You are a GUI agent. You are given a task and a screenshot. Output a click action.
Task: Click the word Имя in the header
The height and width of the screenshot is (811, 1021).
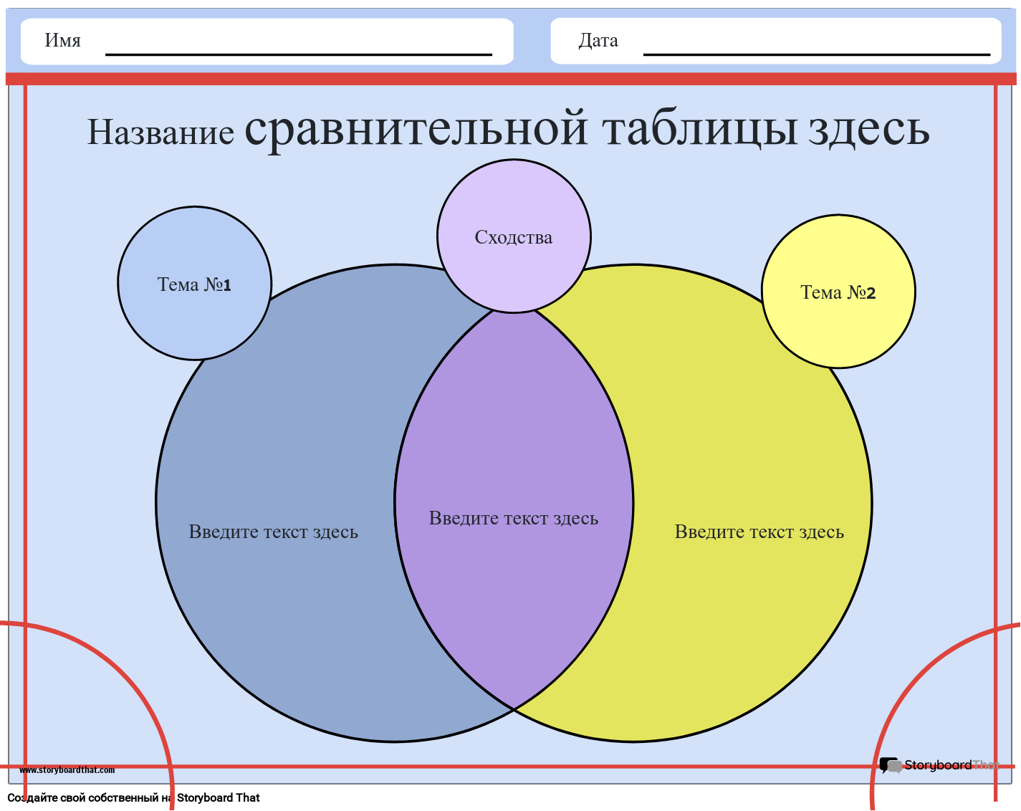(x=62, y=40)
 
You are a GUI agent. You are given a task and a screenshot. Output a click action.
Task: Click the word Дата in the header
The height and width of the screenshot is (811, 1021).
(x=598, y=41)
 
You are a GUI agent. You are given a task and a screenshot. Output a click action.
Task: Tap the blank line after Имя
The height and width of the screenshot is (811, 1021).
(x=299, y=54)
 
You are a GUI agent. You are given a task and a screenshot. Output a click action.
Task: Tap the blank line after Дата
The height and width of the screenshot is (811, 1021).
(x=817, y=54)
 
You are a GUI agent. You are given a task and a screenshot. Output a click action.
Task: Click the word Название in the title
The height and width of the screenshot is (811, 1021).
(x=160, y=132)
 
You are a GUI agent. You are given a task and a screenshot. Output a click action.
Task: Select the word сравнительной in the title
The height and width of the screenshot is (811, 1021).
(x=416, y=129)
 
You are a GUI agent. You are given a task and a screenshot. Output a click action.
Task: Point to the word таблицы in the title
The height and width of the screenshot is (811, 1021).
(x=700, y=129)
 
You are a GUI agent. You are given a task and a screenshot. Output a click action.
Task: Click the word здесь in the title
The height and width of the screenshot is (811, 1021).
(x=868, y=129)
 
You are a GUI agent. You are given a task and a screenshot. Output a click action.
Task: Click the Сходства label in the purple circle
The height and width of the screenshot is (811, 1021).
(x=513, y=237)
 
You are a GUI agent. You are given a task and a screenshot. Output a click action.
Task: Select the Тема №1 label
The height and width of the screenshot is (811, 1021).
(x=194, y=284)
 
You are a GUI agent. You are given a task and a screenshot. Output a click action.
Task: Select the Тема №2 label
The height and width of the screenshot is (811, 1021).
(x=838, y=292)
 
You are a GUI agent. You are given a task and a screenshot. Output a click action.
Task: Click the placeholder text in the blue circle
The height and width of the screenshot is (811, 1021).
(x=273, y=532)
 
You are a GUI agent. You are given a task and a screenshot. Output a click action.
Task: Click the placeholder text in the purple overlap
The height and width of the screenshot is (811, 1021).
(x=513, y=518)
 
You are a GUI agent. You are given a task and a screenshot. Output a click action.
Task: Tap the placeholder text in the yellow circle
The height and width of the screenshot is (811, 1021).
(x=759, y=532)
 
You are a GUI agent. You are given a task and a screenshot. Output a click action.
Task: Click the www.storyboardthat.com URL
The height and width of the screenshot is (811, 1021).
(x=67, y=769)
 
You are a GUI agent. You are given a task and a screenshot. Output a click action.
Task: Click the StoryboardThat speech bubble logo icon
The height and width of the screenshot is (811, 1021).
(x=890, y=765)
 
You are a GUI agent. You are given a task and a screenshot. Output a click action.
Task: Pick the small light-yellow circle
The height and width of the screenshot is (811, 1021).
(x=838, y=292)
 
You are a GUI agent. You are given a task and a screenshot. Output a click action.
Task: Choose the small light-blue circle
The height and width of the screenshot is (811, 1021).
(x=194, y=283)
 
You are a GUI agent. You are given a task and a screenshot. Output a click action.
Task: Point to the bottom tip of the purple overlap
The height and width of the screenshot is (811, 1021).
(x=514, y=709)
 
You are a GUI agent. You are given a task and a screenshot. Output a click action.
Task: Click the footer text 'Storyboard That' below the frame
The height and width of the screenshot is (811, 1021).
(x=219, y=797)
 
